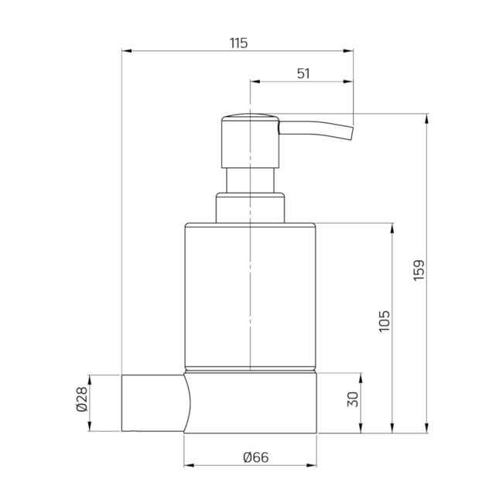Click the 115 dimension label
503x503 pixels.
[239, 43]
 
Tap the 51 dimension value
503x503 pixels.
[303, 74]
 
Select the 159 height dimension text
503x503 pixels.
[419, 270]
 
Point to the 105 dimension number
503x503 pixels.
[385, 321]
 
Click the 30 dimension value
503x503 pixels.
[353, 399]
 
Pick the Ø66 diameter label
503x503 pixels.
[256, 457]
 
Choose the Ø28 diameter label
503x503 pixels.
[82, 399]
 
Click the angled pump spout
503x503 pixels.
[317, 130]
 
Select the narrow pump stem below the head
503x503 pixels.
[250, 180]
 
